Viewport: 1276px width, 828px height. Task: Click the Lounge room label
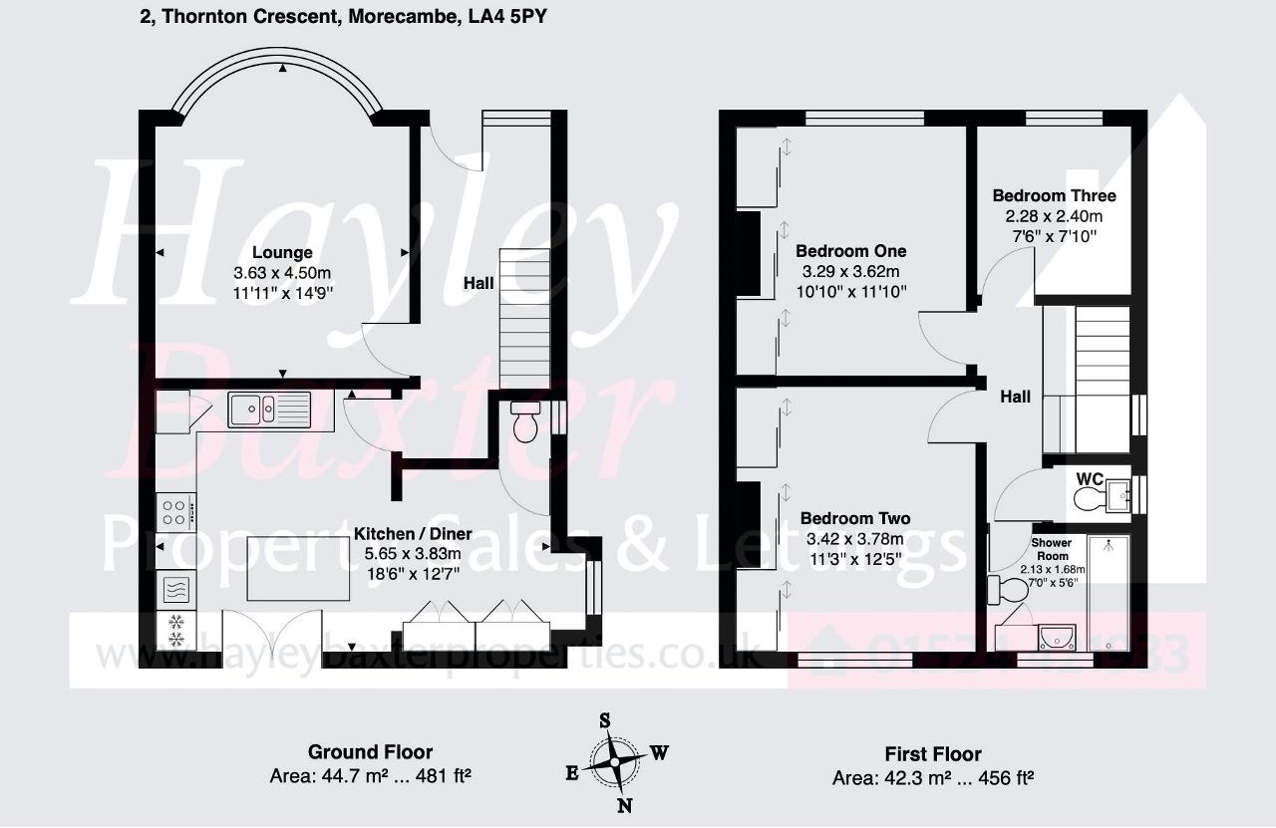point(282,253)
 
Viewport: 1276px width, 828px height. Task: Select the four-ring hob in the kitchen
point(174,511)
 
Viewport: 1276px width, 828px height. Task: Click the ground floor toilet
point(524,422)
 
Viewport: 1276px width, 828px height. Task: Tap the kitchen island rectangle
point(298,569)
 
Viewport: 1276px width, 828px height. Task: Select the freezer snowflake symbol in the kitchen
point(176,629)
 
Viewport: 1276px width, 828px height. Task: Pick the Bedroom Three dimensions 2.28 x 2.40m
point(1054,216)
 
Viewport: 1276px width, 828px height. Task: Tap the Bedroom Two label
point(854,518)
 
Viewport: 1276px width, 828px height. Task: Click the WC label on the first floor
point(1090,479)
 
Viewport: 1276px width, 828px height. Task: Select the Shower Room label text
point(1052,549)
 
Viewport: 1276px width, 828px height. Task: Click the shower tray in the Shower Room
point(1108,593)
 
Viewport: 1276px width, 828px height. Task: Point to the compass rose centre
point(616,762)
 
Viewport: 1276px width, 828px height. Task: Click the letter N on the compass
point(624,806)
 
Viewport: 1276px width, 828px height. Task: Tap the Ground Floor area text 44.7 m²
point(370,775)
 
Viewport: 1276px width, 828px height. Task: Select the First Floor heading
point(932,754)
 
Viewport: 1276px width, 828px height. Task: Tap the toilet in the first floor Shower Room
point(1007,590)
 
